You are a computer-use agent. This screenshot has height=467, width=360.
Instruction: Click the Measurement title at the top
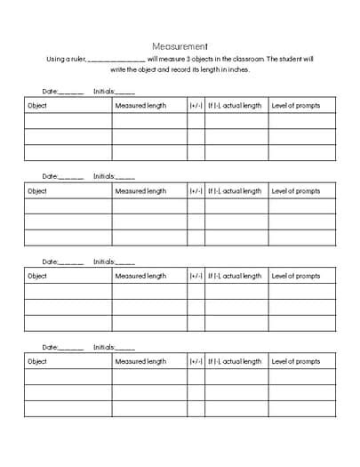(180, 46)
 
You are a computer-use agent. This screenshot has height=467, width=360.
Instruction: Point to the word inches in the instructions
(238, 69)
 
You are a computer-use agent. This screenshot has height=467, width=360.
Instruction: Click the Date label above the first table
(50, 91)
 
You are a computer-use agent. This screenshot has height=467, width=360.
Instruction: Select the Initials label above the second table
(104, 176)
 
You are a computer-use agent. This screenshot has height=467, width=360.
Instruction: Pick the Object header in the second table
(37, 191)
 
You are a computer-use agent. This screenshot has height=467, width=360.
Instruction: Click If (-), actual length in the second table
(235, 191)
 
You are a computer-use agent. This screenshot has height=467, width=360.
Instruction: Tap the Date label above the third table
(50, 262)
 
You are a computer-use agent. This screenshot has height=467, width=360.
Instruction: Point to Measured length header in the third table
(140, 276)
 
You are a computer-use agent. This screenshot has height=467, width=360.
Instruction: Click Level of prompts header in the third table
(296, 276)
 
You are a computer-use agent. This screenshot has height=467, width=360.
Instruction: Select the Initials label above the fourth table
(104, 347)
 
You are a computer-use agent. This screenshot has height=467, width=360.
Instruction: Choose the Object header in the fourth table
(37, 361)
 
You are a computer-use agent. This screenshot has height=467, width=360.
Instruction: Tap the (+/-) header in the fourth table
(196, 361)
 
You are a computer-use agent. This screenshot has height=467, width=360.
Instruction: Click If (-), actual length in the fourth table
(235, 361)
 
